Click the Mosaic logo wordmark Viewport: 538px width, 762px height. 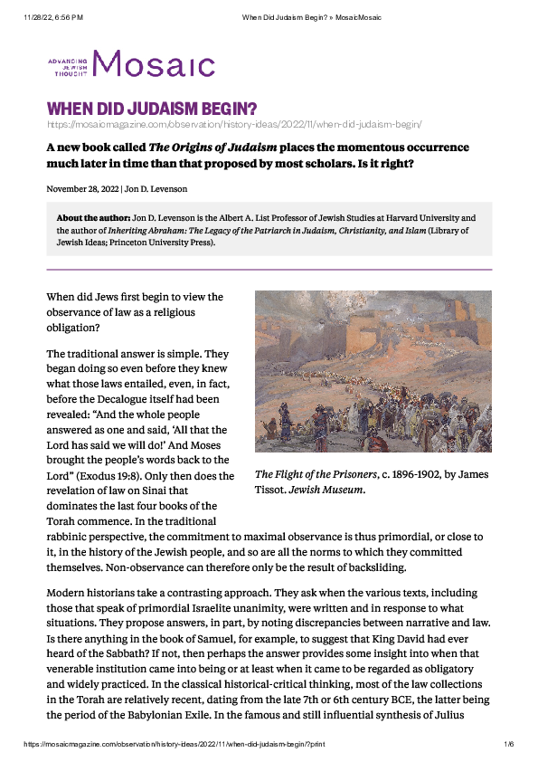(x=154, y=64)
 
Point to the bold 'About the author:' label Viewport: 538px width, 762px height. (x=93, y=219)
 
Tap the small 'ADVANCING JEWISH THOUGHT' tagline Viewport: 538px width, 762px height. (x=68, y=63)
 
